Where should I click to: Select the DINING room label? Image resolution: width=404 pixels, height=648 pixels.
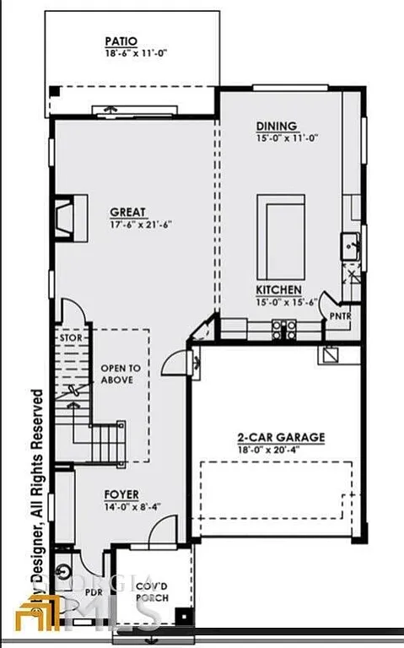click(276, 127)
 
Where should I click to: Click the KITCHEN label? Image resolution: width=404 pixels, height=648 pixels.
click(279, 289)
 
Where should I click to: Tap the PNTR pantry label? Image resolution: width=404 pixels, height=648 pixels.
click(341, 316)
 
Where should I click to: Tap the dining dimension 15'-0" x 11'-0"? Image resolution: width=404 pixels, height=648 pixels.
click(287, 138)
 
